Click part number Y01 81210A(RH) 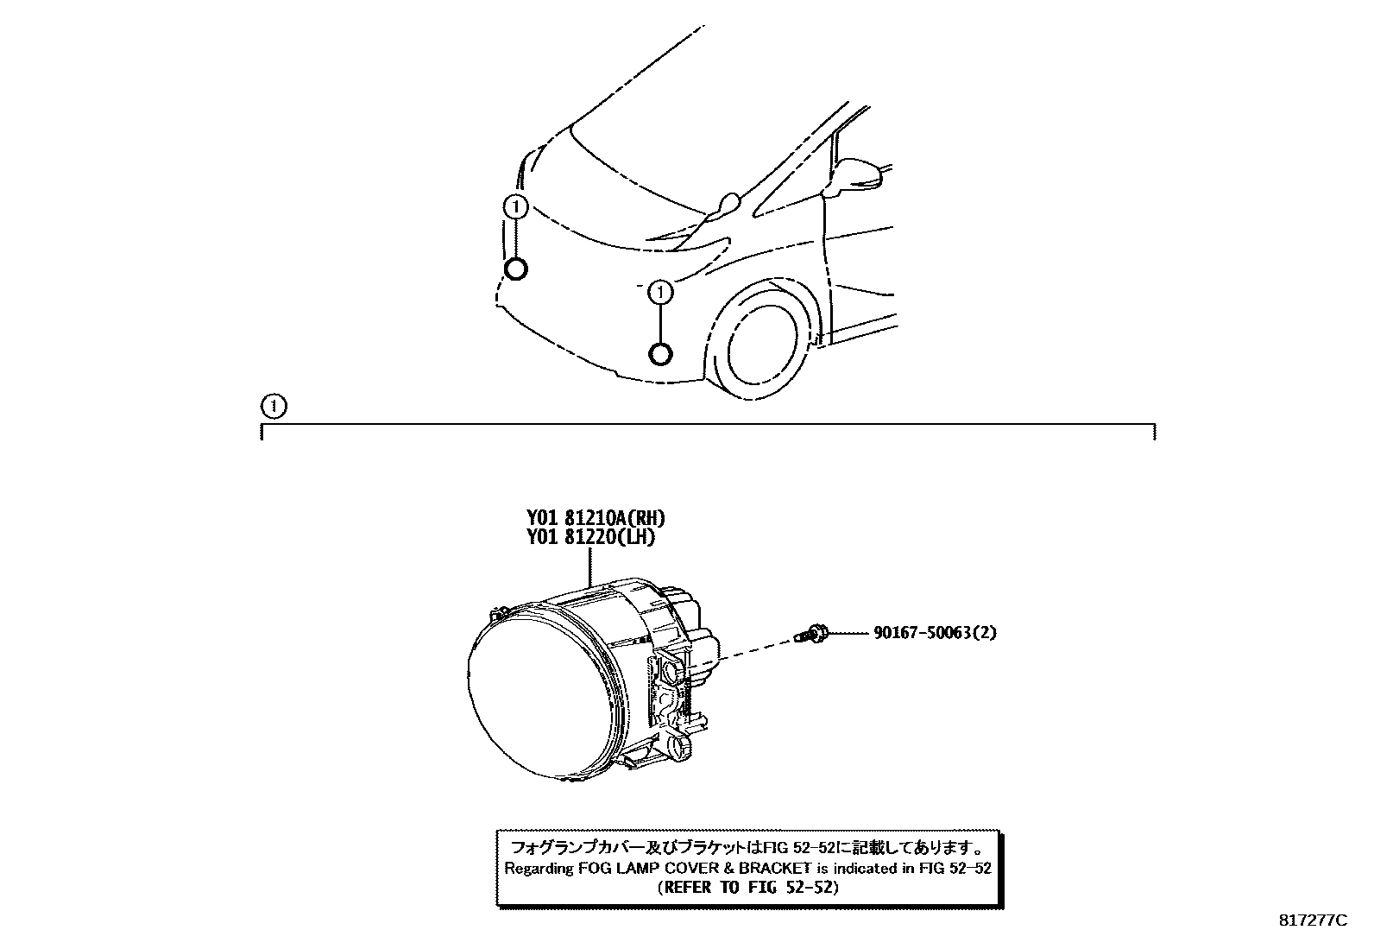point(596,518)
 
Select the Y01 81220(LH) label point(591,537)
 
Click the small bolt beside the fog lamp point(814,636)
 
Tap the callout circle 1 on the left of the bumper point(514,207)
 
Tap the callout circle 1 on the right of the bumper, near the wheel point(661,293)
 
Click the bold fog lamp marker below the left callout point(514,269)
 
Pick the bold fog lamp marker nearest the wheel point(661,354)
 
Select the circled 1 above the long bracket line point(273,405)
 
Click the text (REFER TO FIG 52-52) point(747,887)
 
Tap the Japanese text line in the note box point(747,847)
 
